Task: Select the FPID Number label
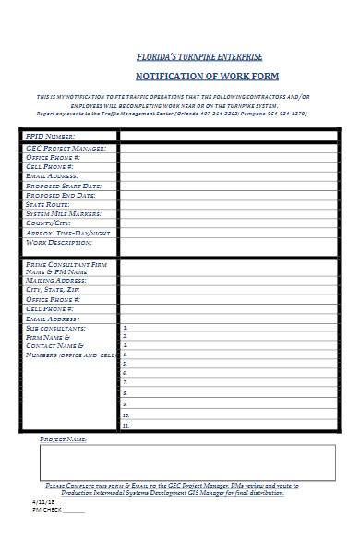coord(56,137)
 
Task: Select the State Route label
coord(50,204)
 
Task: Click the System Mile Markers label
coord(65,213)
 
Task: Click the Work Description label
coord(60,242)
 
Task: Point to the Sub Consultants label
coord(57,328)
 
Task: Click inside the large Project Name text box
coord(187,463)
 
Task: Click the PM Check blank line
coord(74,510)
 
